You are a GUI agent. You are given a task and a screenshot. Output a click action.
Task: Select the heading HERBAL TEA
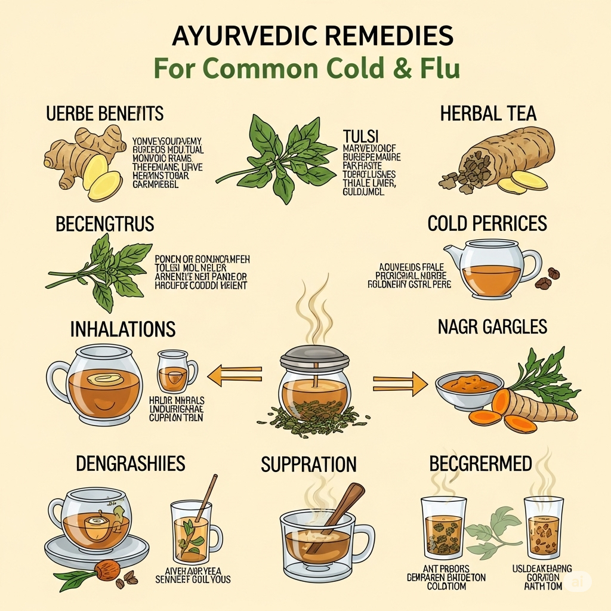coord(488,113)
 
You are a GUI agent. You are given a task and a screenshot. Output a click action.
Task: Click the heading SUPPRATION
coord(308,464)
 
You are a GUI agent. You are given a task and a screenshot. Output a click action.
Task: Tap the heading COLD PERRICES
coord(487,224)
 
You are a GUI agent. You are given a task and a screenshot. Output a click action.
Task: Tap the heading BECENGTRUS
coord(105,224)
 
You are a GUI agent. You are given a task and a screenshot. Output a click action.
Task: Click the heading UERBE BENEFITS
coord(105,113)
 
